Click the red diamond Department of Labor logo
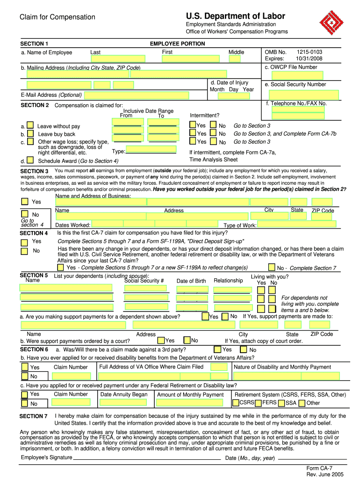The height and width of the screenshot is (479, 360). pos(333,22)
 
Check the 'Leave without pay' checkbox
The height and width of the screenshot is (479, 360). pos(30,125)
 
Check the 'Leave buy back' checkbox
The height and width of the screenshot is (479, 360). pos(30,133)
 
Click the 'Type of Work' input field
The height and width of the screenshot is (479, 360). pos(296,225)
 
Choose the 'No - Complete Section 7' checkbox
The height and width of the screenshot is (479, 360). pos(272,268)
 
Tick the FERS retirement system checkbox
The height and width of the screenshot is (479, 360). pos(259,402)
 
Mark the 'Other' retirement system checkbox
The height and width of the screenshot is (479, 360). pos(302,403)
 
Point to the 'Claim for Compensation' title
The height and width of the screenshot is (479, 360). pos(57,17)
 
